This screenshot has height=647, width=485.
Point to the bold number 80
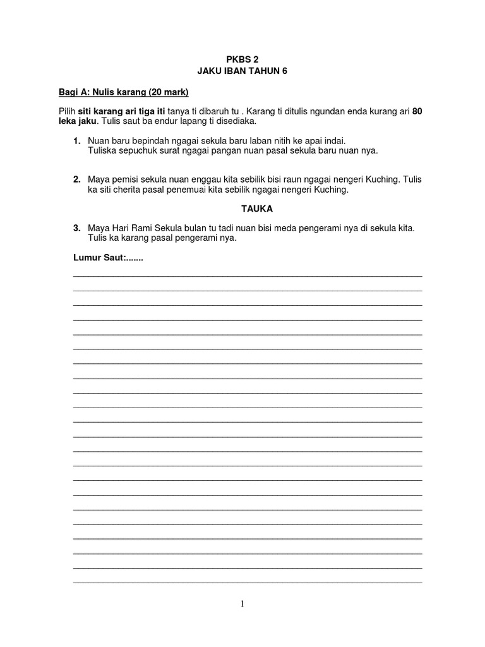pyautogui.click(x=417, y=111)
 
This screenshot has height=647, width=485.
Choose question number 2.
pyautogui.click(x=76, y=179)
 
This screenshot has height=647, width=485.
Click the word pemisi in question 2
pyautogui.click(x=124, y=179)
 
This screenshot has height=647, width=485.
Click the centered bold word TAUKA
pyautogui.click(x=242, y=208)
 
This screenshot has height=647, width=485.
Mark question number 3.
pyautogui.click(x=76, y=227)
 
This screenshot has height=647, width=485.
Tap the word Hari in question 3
pyautogui.click(x=119, y=227)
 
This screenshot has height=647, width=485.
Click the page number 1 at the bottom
pyautogui.click(x=242, y=603)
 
